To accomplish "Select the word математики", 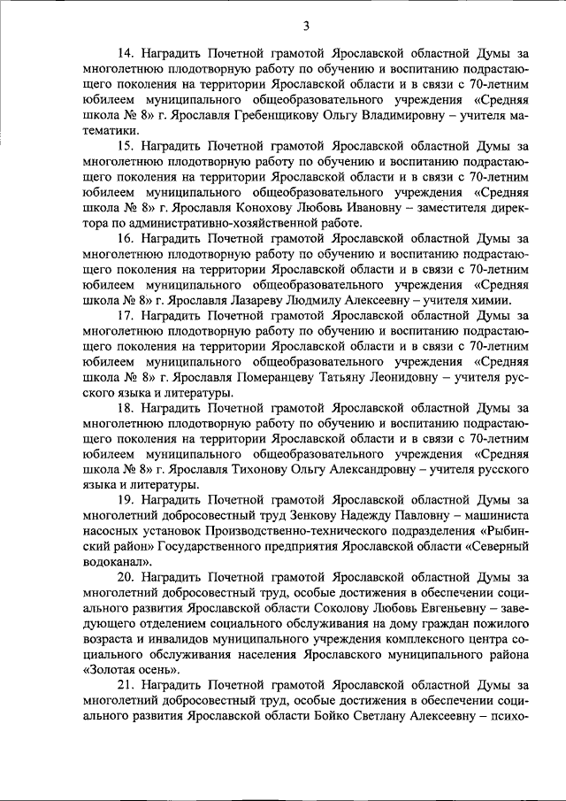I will [x=85, y=130].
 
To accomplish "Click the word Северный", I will [x=501, y=545].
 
